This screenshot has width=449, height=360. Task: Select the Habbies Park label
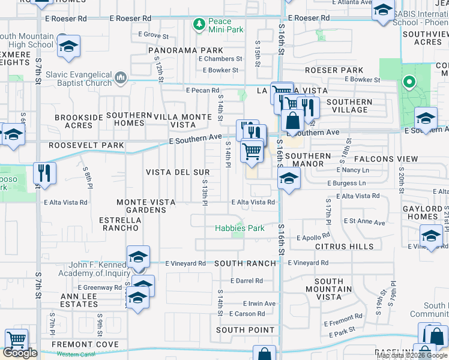[x=240, y=228]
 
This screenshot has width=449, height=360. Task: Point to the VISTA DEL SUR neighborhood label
[x=178, y=172]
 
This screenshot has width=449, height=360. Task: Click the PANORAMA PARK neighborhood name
[x=174, y=50]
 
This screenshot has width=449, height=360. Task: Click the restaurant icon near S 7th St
[x=44, y=173]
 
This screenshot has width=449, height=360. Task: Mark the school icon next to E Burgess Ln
[x=289, y=178]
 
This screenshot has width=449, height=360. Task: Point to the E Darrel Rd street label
[x=246, y=280]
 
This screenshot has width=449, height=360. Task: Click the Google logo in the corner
[x=20, y=353]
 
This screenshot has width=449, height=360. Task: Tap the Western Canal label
[x=76, y=354]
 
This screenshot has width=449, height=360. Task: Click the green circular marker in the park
[x=409, y=83]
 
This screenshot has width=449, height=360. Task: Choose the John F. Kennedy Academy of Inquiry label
[x=85, y=269]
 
